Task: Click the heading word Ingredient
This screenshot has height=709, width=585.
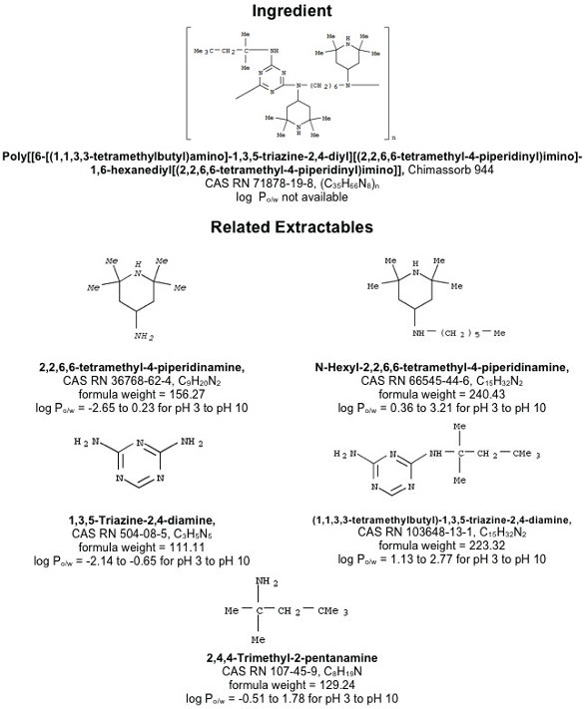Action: click(292, 11)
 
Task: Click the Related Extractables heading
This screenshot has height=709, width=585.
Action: click(292, 226)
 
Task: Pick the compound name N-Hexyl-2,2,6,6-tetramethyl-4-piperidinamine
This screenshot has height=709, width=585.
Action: click(442, 367)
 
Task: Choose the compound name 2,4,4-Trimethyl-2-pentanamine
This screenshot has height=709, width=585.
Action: click(292, 657)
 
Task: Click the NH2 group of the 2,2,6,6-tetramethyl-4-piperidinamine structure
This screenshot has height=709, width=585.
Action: click(144, 336)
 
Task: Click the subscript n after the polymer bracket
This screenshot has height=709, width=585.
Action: click(393, 137)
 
